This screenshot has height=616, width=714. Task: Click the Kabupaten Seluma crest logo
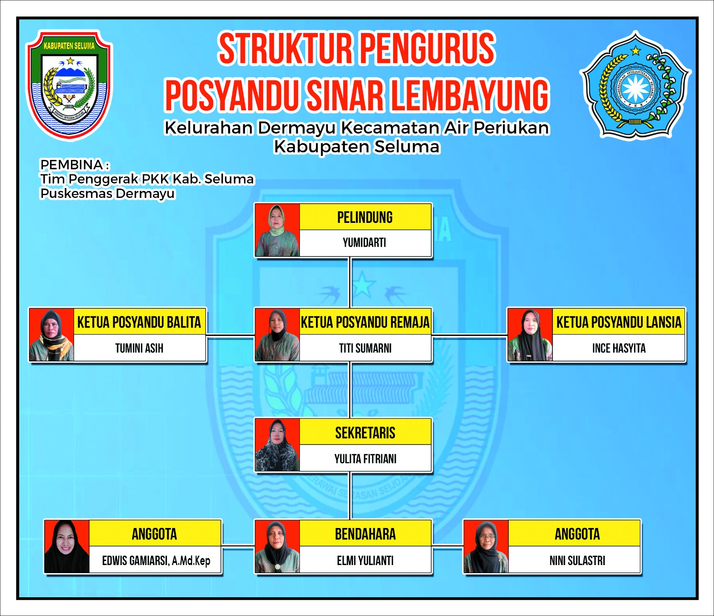coord(69,85)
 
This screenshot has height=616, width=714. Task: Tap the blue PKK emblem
coord(635,85)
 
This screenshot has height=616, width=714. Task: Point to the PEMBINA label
coord(72,164)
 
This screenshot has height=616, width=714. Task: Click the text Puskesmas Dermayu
coord(108,193)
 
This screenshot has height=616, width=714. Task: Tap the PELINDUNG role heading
coord(365,218)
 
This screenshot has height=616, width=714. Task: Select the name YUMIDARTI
coord(365,243)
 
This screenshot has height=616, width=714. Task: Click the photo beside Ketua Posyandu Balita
coord(51,335)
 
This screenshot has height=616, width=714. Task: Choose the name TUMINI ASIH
coord(139,348)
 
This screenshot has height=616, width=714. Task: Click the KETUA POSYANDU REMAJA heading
coord(365,322)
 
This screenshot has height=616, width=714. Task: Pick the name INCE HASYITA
coord(619,348)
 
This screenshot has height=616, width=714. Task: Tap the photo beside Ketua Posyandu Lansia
coord(530,335)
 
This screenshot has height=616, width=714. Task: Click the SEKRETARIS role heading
coord(365,433)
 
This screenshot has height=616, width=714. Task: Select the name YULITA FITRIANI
coord(365,459)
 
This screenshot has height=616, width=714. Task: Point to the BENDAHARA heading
coord(365,534)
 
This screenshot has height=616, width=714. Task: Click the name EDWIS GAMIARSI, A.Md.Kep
coord(156,561)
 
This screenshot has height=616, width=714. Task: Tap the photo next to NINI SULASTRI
coord(486,547)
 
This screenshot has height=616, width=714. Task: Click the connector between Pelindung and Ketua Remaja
coord(351,282)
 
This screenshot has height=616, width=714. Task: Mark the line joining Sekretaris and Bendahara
coord(351,496)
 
